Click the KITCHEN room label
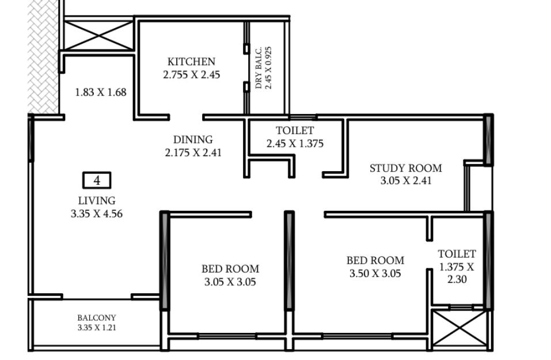point(191,62)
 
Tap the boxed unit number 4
point(97,180)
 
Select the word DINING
point(193,139)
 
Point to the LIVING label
point(97,200)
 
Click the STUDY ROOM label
point(406,168)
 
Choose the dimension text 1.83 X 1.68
point(101,92)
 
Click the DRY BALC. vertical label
point(259,67)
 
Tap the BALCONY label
point(97,318)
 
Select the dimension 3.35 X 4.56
point(97,214)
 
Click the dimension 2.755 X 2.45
point(192,74)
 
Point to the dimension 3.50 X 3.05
point(375,274)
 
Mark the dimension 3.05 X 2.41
point(406,181)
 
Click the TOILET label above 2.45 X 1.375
point(295,130)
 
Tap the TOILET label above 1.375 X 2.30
point(457,254)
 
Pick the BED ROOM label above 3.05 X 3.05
point(230,269)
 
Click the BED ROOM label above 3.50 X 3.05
point(375,260)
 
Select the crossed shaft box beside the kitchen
point(98,35)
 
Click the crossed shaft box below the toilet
point(459,329)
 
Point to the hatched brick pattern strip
point(43,56)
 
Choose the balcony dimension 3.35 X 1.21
point(97,328)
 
